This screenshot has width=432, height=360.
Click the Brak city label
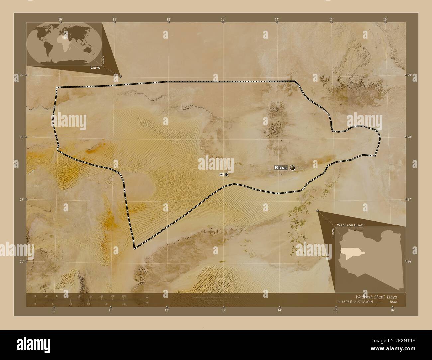281,168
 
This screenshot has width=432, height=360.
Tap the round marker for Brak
292,168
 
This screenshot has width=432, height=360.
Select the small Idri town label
221,174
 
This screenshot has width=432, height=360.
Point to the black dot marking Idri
226,174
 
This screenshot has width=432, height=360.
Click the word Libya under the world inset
95,67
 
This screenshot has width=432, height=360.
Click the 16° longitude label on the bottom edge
392,310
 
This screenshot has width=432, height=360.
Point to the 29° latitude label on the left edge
21,75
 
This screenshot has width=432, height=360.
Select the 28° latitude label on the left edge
21,137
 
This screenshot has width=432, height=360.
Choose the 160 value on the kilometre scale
124,296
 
